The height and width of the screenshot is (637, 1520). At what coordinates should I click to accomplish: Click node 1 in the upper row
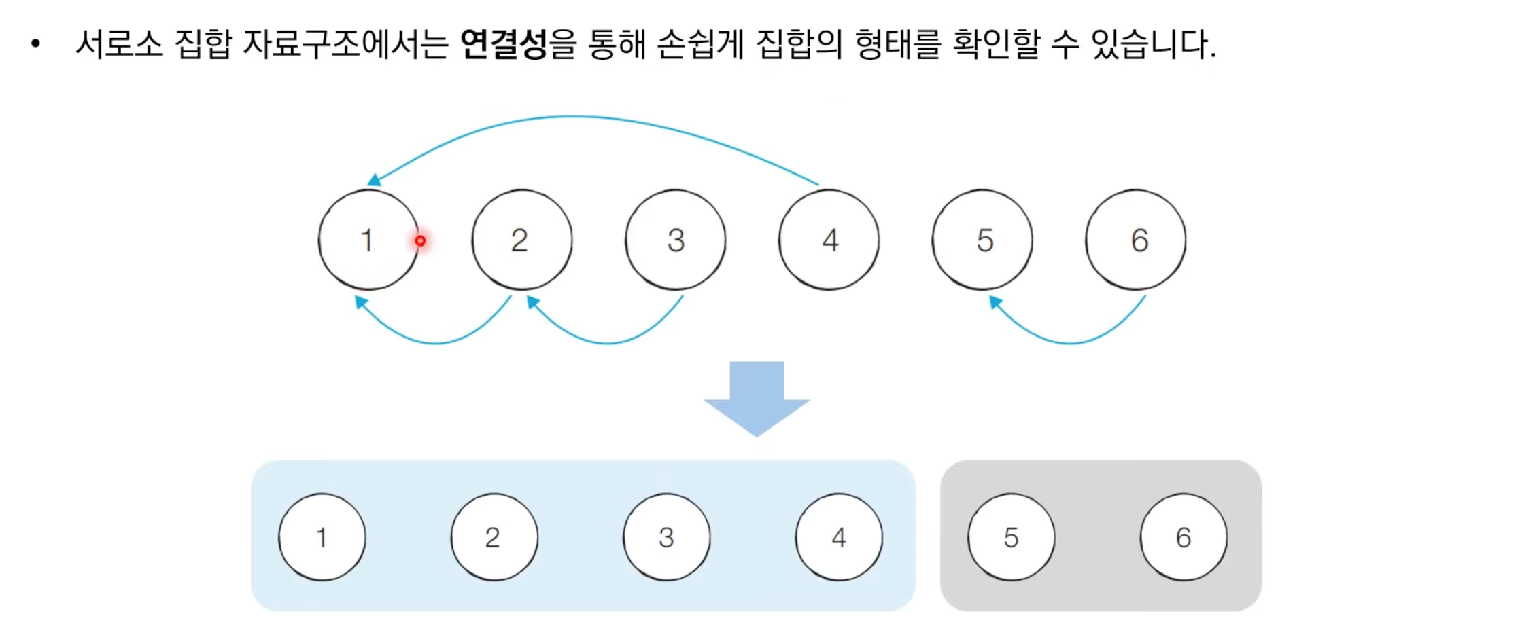[368, 240]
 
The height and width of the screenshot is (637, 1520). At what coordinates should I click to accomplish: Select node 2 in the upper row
[521, 240]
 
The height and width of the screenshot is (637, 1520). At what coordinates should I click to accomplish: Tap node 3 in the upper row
[675, 240]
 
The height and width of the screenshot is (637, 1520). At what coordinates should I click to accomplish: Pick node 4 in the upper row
[829, 240]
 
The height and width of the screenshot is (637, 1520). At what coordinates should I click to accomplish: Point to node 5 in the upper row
[982, 240]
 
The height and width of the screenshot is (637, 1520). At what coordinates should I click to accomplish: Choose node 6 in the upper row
[1135, 240]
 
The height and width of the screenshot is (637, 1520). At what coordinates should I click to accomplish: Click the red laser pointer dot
[420, 241]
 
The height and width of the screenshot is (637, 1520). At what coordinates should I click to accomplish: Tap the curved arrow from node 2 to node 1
[435, 342]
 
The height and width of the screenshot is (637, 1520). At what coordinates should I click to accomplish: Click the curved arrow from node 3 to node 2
[607, 342]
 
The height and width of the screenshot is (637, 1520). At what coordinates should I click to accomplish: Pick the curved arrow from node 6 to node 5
[1069, 342]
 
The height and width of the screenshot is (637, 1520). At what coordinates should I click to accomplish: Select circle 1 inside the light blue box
[322, 537]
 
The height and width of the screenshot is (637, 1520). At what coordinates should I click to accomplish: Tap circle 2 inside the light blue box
[494, 537]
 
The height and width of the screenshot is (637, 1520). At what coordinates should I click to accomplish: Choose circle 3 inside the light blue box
[667, 537]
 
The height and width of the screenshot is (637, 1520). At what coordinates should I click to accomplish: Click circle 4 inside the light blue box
[839, 537]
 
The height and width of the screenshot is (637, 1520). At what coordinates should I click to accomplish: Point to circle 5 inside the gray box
[1012, 537]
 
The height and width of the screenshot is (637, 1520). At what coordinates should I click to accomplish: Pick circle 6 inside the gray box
[1184, 537]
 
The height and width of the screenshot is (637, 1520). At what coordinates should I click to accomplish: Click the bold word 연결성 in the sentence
[504, 45]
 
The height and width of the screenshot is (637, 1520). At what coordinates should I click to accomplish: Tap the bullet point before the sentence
[36, 45]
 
